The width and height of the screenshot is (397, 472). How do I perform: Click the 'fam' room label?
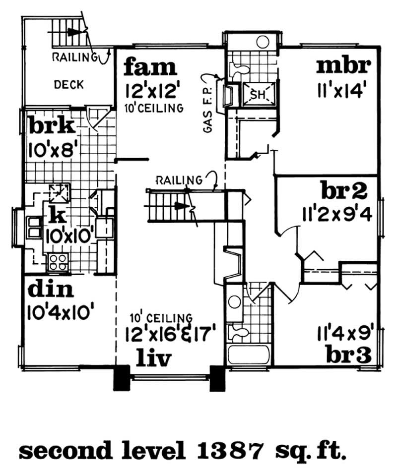150,66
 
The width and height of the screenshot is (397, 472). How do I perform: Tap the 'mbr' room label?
344,65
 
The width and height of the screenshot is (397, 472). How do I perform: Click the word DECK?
68,85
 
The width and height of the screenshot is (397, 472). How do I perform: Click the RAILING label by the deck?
74,57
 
